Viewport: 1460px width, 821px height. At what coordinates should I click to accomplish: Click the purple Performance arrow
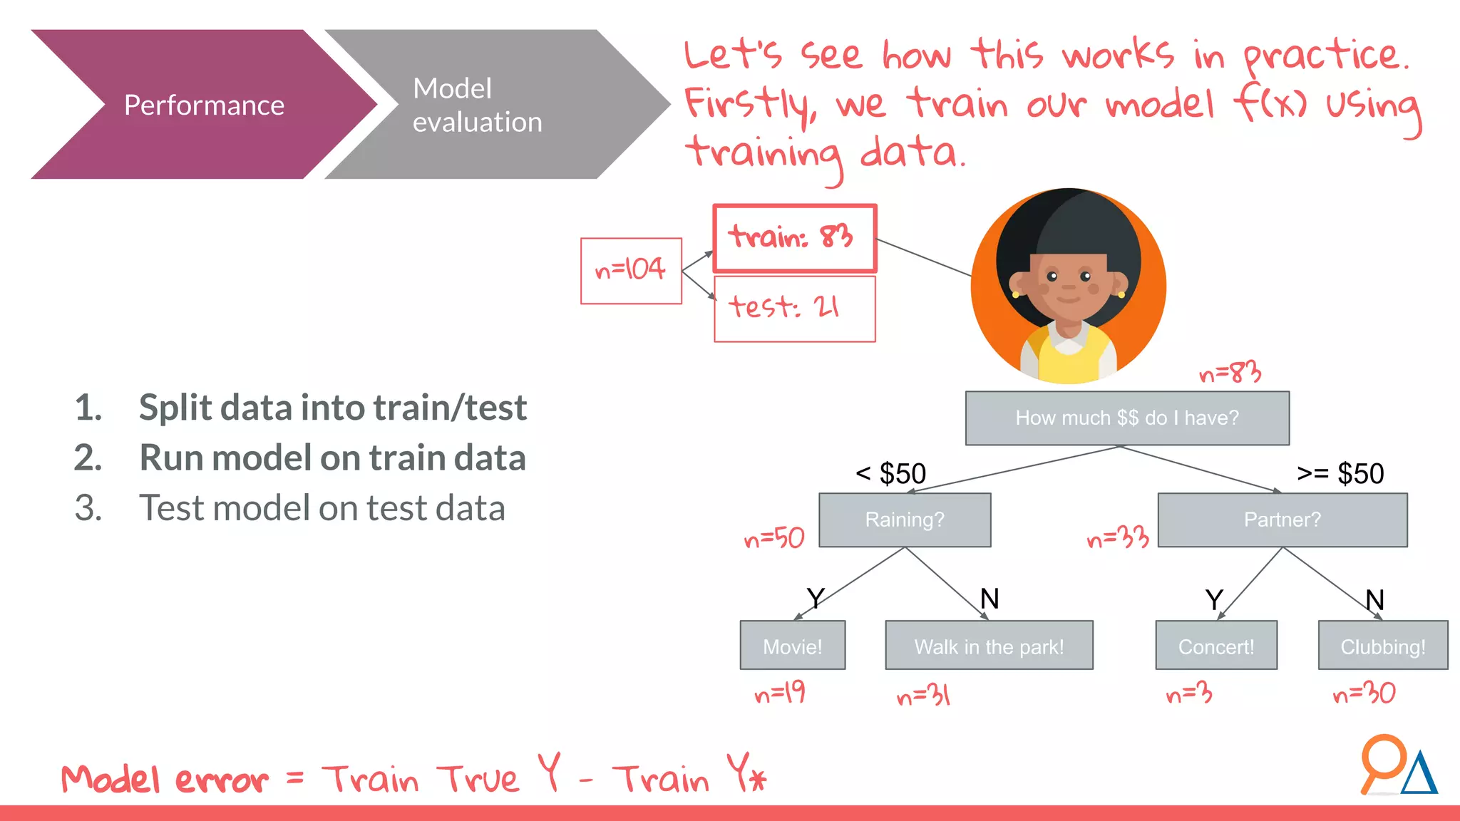tap(204, 105)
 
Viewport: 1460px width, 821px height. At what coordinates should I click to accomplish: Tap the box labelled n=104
tap(631, 271)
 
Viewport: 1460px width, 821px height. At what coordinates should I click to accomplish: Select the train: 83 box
tap(794, 238)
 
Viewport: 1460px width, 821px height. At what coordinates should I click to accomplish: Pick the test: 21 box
tap(794, 309)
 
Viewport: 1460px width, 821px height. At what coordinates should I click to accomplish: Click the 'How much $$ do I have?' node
tap(1126, 418)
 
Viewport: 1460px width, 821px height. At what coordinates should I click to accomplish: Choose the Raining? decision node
tap(904, 520)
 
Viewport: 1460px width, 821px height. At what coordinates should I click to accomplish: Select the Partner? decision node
tap(1282, 520)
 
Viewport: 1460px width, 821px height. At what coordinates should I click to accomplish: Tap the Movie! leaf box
tap(792, 646)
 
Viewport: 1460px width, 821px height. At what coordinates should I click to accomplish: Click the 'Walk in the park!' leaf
tap(988, 646)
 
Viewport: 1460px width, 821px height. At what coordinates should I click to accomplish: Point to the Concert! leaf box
tap(1215, 646)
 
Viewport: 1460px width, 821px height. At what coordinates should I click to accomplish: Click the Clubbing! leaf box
tap(1382, 646)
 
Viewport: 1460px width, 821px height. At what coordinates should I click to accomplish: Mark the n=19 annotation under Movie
tap(779, 693)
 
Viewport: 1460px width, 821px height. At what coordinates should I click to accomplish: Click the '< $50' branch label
tap(891, 473)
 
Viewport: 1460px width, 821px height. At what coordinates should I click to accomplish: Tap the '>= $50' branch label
tap(1340, 473)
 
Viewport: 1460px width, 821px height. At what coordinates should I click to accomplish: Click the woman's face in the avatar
tap(1068, 285)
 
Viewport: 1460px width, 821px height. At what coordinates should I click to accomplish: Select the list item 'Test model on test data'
tap(322, 508)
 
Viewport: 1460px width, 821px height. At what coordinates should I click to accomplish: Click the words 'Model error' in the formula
tap(165, 779)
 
